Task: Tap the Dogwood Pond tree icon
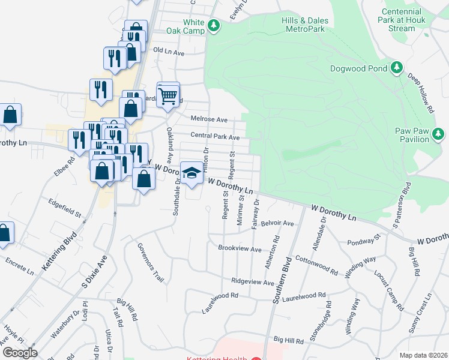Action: tap(396, 68)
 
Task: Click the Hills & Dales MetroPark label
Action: tap(305, 25)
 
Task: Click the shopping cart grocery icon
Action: tap(169, 95)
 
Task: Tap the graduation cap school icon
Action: tap(191, 173)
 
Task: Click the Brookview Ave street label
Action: tap(240, 248)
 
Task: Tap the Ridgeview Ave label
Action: tap(253, 282)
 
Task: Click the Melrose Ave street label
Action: tap(209, 119)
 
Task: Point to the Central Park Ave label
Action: tap(215, 137)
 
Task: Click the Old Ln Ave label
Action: tap(169, 52)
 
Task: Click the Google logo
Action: tap(20, 353)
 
